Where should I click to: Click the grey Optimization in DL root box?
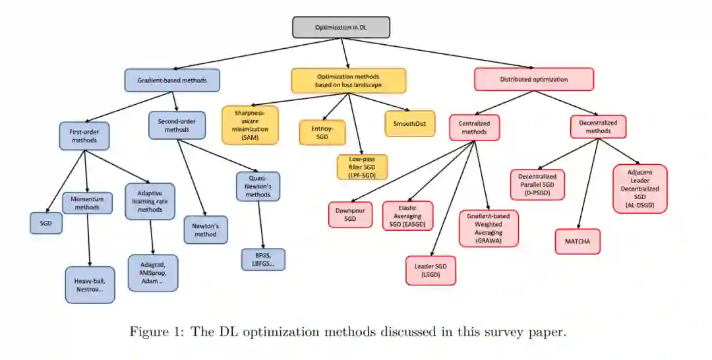pos(341,27)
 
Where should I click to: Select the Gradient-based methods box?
pos(172,80)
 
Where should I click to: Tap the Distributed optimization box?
pos(533,79)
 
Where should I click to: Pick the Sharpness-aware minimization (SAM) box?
pos(251,125)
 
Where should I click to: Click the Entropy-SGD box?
pos(322,133)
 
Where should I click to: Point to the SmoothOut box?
pos(409,123)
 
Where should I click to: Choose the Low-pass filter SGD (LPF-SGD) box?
pos(362,167)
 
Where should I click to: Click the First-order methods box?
pos(84,136)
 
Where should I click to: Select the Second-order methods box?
pos(177,125)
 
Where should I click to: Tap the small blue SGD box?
pos(46,223)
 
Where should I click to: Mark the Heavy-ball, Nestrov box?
pos(90,285)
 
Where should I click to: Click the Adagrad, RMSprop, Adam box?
pos(153,272)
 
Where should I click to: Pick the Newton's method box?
pos(206,229)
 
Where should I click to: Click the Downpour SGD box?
pos(351,214)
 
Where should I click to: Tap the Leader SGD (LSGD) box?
pos(430,270)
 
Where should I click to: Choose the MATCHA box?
pos(578,241)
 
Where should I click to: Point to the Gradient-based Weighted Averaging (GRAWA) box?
pos(489,228)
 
